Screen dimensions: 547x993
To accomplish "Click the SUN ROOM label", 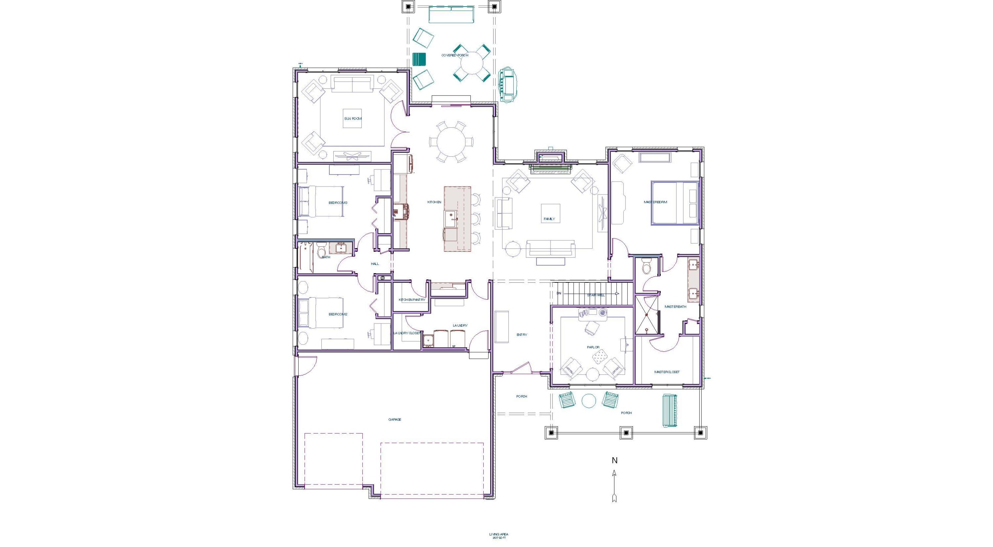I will pyautogui.click(x=353, y=119).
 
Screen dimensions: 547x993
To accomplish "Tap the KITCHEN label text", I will pyautogui.click(x=434, y=202).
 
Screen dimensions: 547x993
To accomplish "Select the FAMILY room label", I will pyautogui.click(x=549, y=219).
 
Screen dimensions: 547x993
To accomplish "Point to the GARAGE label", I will pyautogui.click(x=395, y=419).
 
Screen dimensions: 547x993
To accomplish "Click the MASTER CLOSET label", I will pyautogui.click(x=667, y=372).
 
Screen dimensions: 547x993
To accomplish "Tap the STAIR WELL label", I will pyautogui.click(x=596, y=295).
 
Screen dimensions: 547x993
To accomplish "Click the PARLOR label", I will pyautogui.click(x=593, y=347).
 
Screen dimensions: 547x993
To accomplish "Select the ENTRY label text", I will pyautogui.click(x=522, y=335).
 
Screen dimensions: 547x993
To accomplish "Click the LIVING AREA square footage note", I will pyautogui.click(x=499, y=536).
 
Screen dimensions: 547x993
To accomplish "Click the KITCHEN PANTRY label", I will pyautogui.click(x=412, y=300).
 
